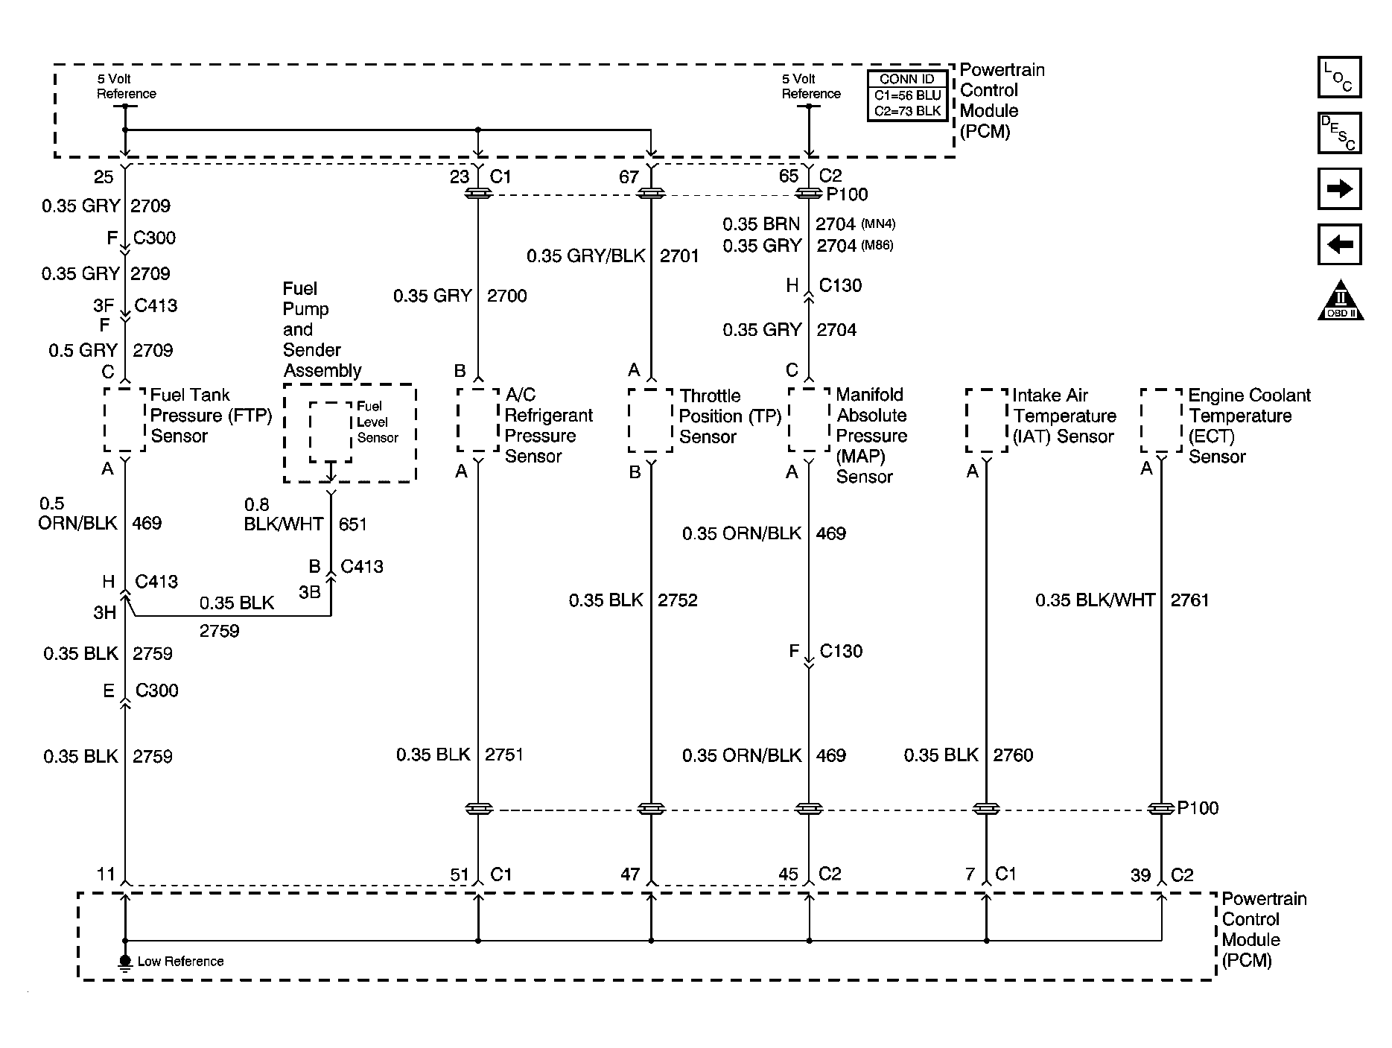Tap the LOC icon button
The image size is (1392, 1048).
pyautogui.click(x=1339, y=77)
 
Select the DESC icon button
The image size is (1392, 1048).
pyautogui.click(x=1339, y=133)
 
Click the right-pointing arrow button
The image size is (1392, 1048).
pyautogui.click(x=1339, y=188)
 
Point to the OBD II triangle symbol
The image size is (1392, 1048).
pyautogui.click(x=1340, y=300)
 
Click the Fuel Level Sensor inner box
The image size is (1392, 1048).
pyautogui.click(x=331, y=432)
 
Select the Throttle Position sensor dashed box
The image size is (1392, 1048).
pyautogui.click(x=651, y=420)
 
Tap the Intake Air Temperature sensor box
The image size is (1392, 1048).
pyautogui.click(x=987, y=420)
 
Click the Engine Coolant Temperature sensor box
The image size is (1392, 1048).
pyautogui.click(x=1161, y=420)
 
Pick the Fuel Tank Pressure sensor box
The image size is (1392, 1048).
pyautogui.click(x=124, y=419)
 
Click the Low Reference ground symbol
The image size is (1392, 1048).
pyautogui.click(x=124, y=962)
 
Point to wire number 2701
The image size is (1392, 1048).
pyautogui.click(x=679, y=256)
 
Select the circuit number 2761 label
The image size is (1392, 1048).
pyautogui.click(x=1189, y=600)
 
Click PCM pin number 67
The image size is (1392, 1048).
pyautogui.click(x=629, y=177)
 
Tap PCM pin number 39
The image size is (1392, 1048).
pyautogui.click(x=1141, y=875)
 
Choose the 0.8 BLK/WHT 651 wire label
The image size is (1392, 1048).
pyautogui.click(x=305, y=515)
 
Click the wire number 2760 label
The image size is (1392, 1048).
pyautogui.click(x=1013, y=755)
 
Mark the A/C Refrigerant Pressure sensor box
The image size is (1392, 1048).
pyautogui.click(x=478, y=419)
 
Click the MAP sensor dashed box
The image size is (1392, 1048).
pyautogui.click(x=809, y=419)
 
